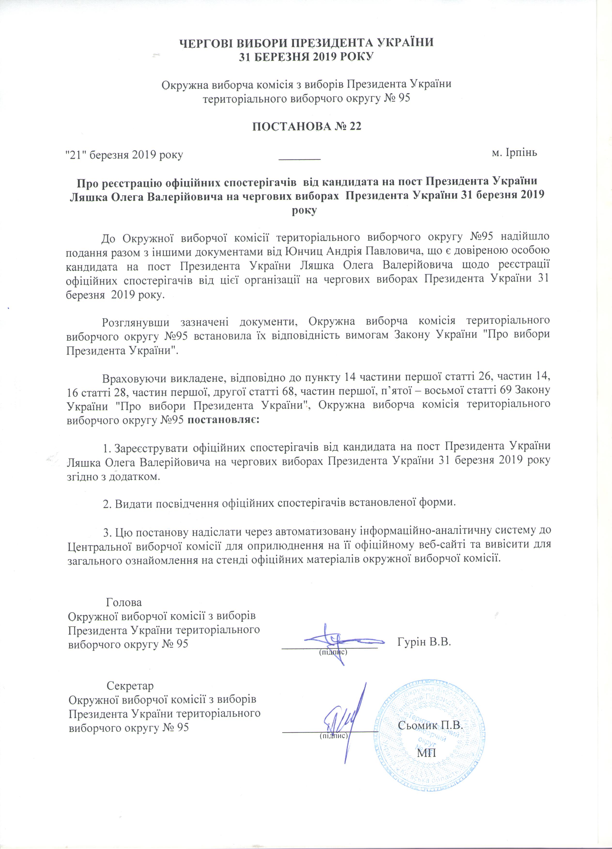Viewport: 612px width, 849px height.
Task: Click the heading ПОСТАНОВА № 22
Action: pyautogui.click(x=306, y=127)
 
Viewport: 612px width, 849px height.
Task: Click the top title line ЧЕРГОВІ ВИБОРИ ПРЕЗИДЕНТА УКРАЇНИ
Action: pyautogui.click(x=306, y=42)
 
